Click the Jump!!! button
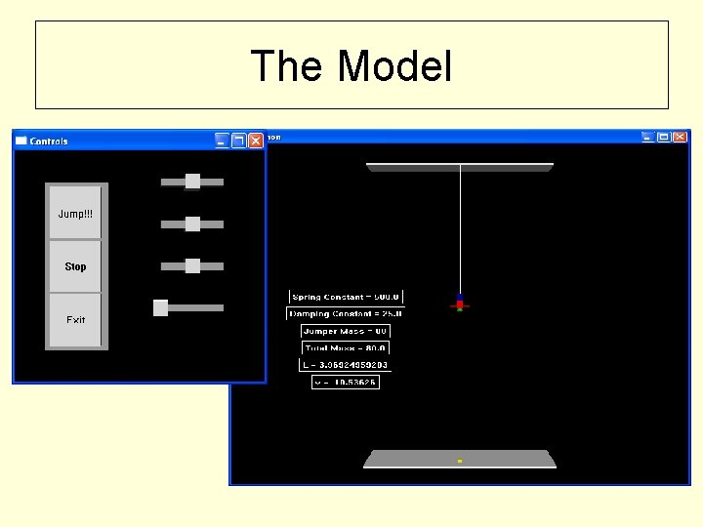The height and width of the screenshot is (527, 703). point(75,213)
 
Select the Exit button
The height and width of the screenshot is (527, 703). point(75,319)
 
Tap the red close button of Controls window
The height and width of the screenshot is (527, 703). point(255,141)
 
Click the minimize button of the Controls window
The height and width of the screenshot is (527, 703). point(222,141)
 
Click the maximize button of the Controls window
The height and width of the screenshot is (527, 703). point(238,141)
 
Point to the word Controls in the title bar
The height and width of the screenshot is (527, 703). point(49,141)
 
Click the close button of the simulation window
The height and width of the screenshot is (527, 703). point(680,138)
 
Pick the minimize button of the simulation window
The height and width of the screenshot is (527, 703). point(646,138)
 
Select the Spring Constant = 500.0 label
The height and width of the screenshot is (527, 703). point(346,297)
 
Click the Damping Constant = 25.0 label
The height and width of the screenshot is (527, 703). point(345,313)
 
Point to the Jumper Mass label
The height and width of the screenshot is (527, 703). point(345,331)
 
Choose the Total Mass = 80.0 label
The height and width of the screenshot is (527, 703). point(345,347)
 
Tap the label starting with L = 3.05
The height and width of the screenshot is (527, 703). point(344,365)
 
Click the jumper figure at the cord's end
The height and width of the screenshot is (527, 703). point(459,304)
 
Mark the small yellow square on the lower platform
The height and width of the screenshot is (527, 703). point(459,461)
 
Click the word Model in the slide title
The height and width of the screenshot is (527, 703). point(395,66)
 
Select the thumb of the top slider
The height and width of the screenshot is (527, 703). point(192,181)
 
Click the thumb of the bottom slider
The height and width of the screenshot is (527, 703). point(161,307)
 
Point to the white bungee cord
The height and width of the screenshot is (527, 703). point(460,229)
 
